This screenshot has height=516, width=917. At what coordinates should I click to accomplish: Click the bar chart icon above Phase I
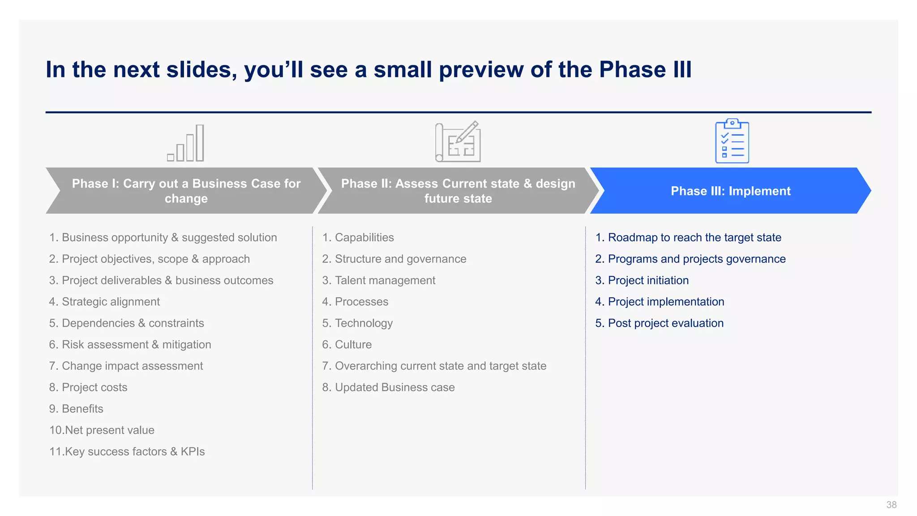(x=186, y=143)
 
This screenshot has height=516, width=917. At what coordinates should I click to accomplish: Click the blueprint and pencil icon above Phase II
(x=458, y=142)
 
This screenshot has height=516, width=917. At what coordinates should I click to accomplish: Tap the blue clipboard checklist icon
(x=732, y=141)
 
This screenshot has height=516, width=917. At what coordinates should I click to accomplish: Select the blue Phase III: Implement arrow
(x=730, y=191)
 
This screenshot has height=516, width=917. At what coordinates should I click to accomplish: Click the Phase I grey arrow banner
(x=186, y=191)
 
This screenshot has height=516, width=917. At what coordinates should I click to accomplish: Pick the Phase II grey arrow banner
(x=458, y=191)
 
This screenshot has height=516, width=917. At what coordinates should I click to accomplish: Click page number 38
(x=891, y=505)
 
